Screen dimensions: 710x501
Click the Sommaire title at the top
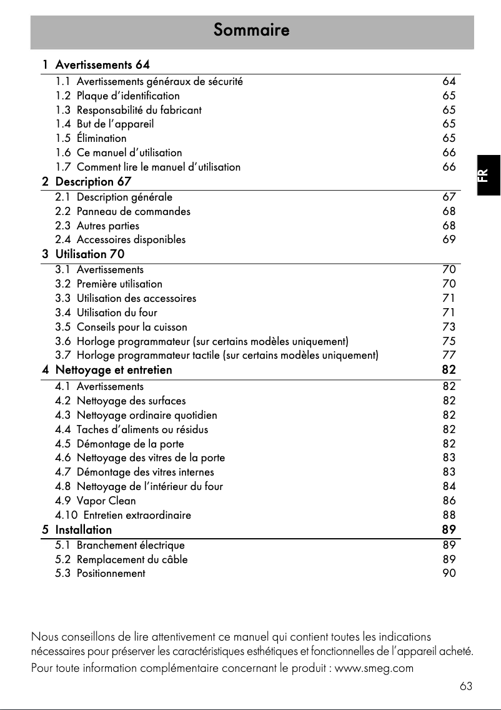(251, 30)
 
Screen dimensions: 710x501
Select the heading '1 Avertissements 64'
(96, 64)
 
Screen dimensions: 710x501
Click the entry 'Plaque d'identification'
(128, 96)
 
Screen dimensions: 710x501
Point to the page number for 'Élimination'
(449, 138)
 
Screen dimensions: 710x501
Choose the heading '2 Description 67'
(87, 182)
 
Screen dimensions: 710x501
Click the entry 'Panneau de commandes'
(134, 211)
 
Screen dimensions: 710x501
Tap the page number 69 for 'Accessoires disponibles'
(449, 239)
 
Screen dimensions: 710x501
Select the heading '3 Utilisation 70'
(84, 254)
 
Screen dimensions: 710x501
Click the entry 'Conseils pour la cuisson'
(132, 327)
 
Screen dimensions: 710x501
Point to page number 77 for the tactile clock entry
(449, 356)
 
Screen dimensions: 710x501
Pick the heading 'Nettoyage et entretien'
(114, 370)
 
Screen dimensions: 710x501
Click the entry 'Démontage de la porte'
(131, 444)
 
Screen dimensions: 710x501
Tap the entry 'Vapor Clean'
(106, 501)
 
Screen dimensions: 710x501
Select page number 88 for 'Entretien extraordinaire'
(449, 515)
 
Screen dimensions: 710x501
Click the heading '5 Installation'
(77, 529)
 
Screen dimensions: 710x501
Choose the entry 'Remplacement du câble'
(132, 559)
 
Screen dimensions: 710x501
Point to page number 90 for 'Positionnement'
(449, 573)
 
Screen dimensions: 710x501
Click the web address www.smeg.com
(374, 668)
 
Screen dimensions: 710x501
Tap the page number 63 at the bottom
(465, 687)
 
